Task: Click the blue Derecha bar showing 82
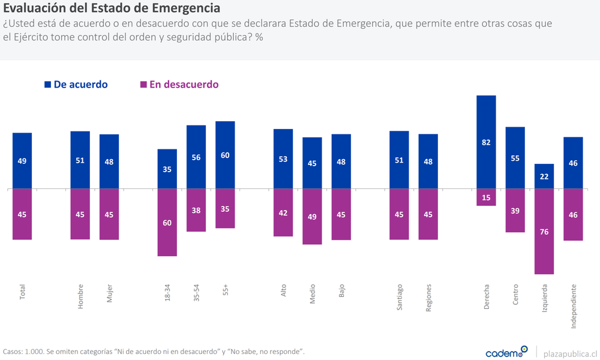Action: tap(486, 142)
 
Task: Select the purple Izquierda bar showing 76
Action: tap(544, 231)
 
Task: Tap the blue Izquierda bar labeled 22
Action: tap(544, 176)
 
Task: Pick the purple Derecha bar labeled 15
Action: tap(486, 197)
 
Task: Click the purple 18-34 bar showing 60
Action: tap(167, 222)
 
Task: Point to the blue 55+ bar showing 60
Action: tap(225, 155)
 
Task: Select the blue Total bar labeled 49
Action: tap(22, 160)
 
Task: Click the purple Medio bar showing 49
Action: tap(312, 216)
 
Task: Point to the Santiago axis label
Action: tap(400, 297)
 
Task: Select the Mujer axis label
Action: tap(109, 294)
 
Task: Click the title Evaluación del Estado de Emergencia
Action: tap(112, 9)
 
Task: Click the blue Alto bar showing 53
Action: tap(283, 158)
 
